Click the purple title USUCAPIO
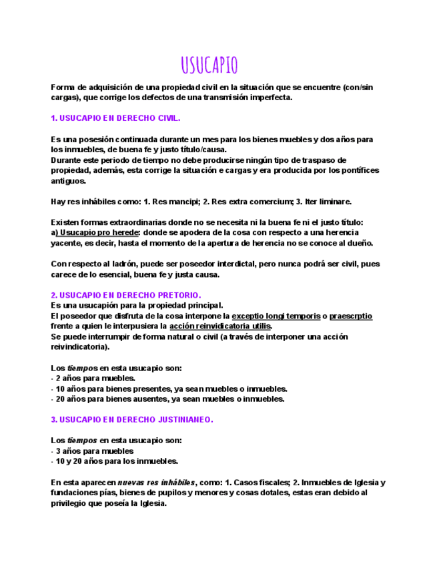click(209, 65)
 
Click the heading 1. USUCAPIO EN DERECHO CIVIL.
click(115, 117)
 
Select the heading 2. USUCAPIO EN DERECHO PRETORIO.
click(126, 295)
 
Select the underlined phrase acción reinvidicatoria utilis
click(220, 326)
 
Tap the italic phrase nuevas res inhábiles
click(156, 482)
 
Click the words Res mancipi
click(163, 202)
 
